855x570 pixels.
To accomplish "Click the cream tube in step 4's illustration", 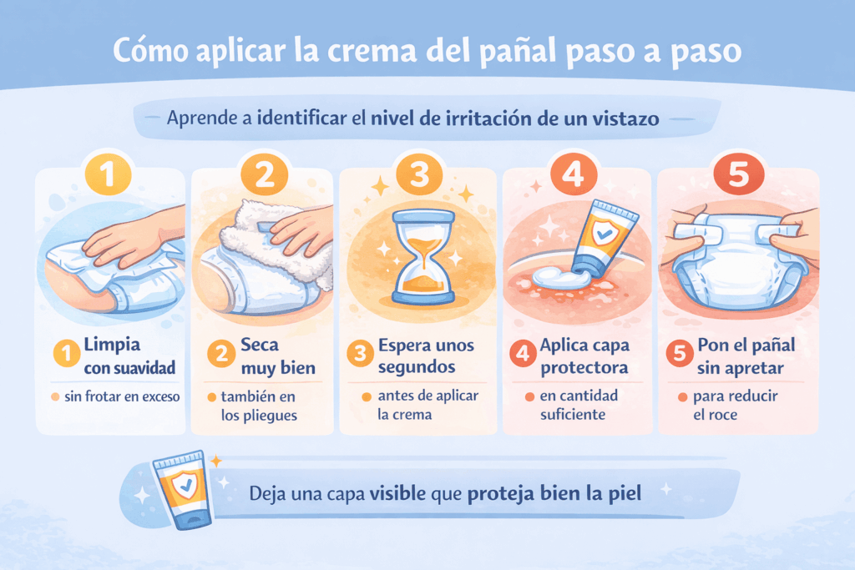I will click(x=603, y=237).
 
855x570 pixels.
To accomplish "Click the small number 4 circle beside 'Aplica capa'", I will click(x=521, y=354).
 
